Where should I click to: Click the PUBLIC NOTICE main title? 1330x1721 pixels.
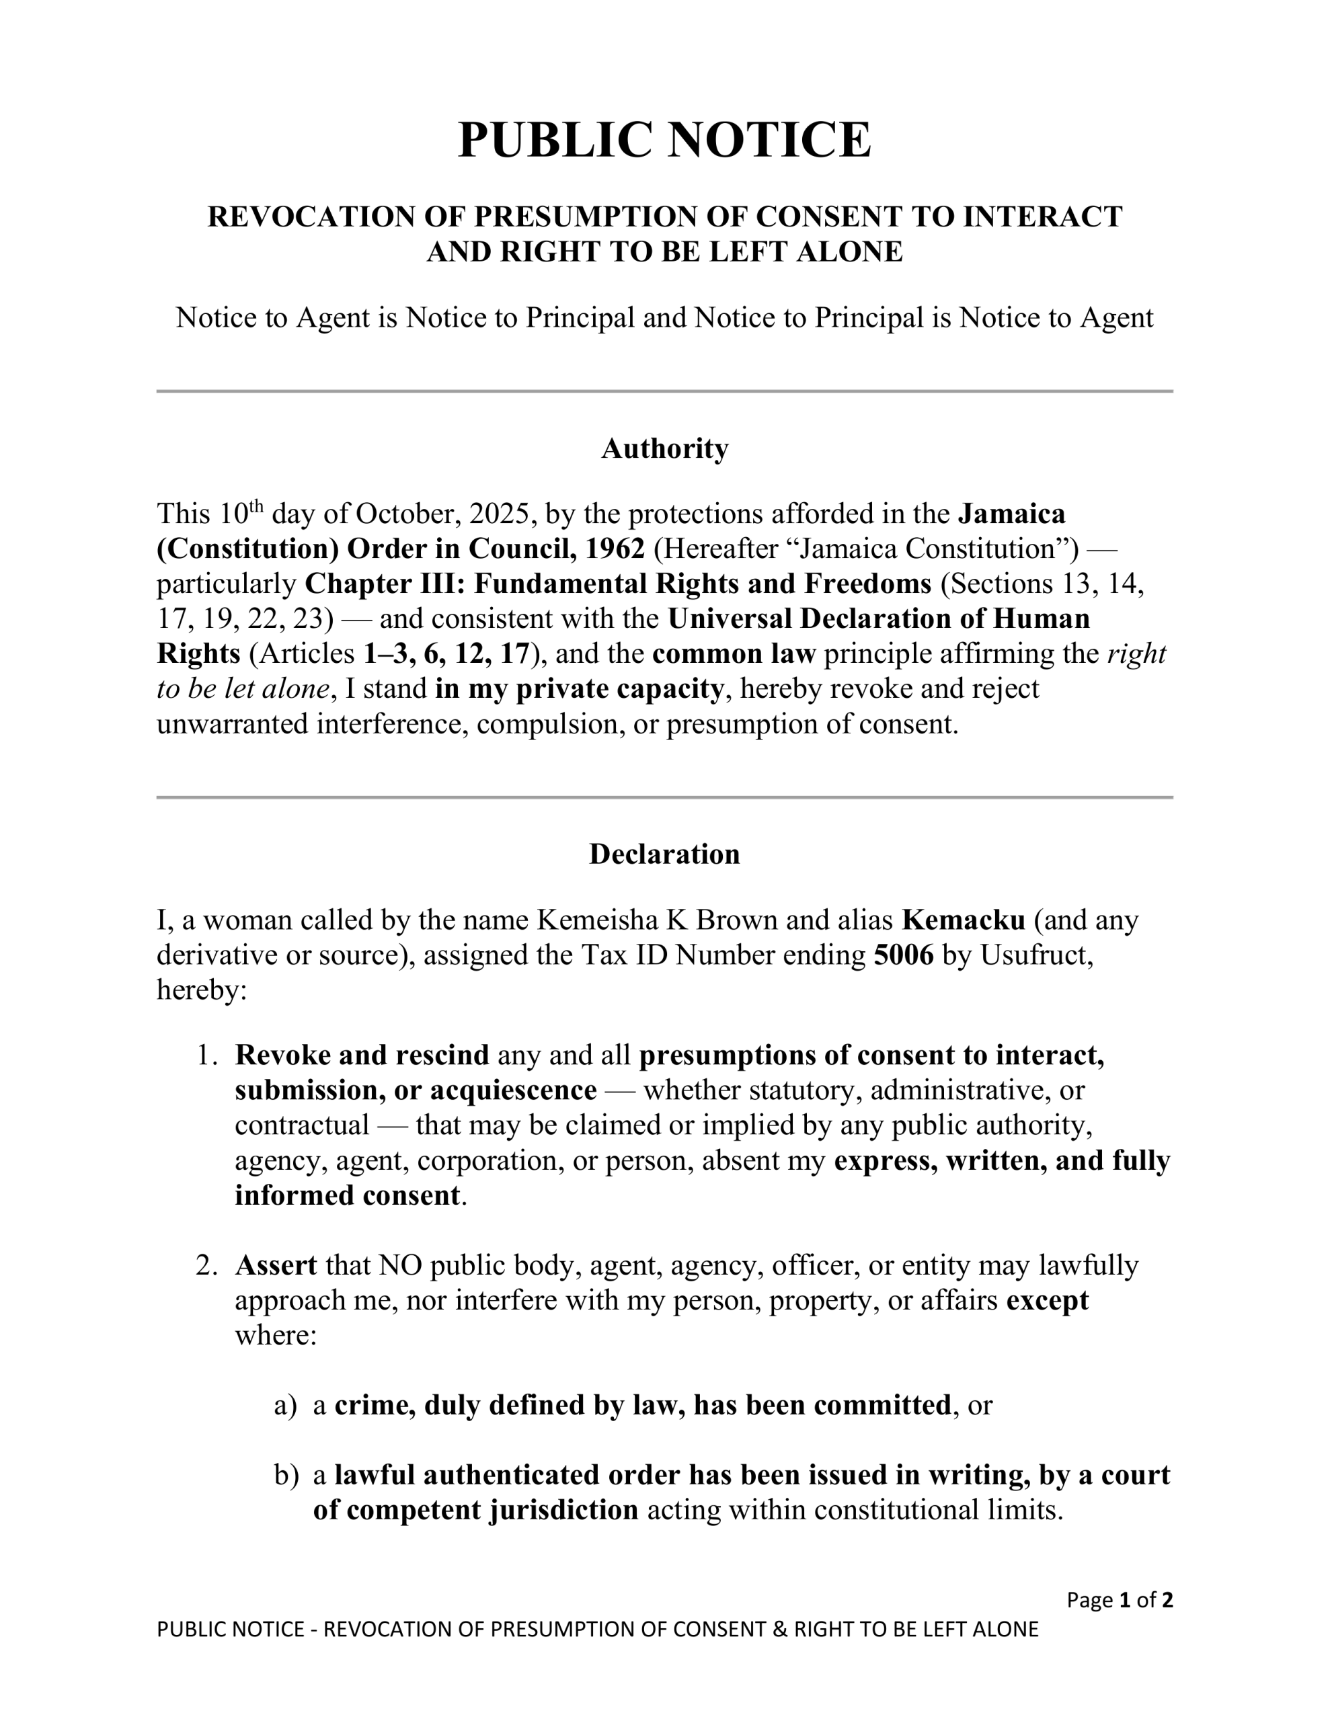[664, 141]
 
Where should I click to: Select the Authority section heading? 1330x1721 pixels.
[664, 448]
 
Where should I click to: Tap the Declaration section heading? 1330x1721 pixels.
[664, 854]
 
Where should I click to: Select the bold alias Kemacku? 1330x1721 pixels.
[964, 920]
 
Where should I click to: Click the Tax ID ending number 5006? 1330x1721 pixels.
[904, 955]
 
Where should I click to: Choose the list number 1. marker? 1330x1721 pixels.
[206, 1055]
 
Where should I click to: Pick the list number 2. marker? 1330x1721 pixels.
[206, 1265]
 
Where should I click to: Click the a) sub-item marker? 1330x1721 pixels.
[285, 1405]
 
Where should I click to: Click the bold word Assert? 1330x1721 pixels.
[276, 1265]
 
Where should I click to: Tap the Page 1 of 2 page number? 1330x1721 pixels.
[1120, 1599]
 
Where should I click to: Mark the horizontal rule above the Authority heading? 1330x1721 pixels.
[664, 391]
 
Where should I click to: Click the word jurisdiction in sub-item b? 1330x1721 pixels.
[563, 1510]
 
